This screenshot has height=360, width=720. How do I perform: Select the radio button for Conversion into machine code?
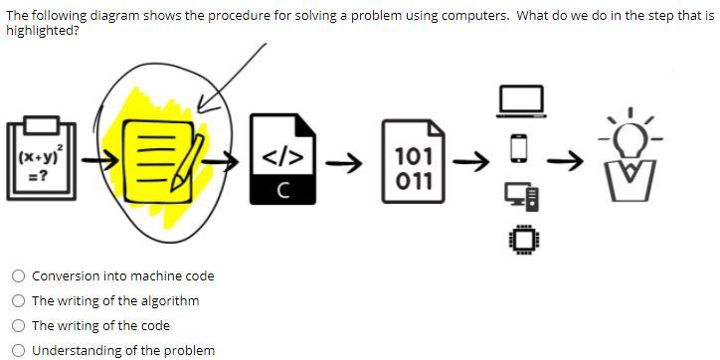pos(18,276)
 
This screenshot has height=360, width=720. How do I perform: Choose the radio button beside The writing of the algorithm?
pos(18,301)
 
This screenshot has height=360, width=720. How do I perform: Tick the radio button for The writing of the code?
pos(18,326)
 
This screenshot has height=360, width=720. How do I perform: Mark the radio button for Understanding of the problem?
pos(18,350)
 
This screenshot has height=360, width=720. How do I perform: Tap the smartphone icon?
pos(517,147)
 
